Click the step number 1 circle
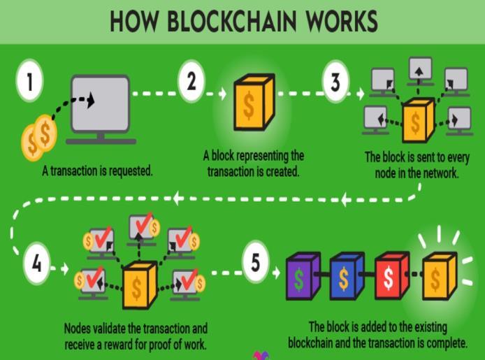28,82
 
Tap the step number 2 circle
190,82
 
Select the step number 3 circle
335,82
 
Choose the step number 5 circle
256,264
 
